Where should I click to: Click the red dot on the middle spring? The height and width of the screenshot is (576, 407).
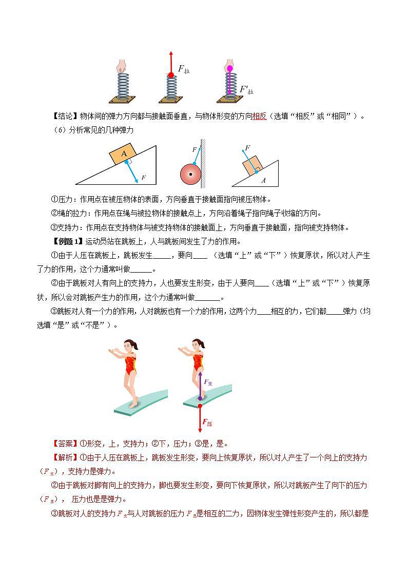[x=171, y=75]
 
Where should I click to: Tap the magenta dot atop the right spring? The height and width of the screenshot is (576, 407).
[x=229, y=68]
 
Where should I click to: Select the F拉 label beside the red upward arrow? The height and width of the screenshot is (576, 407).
[x=184, y=69]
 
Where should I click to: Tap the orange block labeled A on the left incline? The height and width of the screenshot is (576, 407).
[x=124, y=153]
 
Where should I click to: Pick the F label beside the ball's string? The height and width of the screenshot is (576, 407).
[x=194, y=149]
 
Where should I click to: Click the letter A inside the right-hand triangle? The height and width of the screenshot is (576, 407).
[x=264, y=180]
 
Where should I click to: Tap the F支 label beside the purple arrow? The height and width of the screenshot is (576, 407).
[x=208, y=382]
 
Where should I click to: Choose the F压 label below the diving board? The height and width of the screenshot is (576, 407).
[x=207, y=423]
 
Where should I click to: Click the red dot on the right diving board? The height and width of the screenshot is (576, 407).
[x=200, y=405]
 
